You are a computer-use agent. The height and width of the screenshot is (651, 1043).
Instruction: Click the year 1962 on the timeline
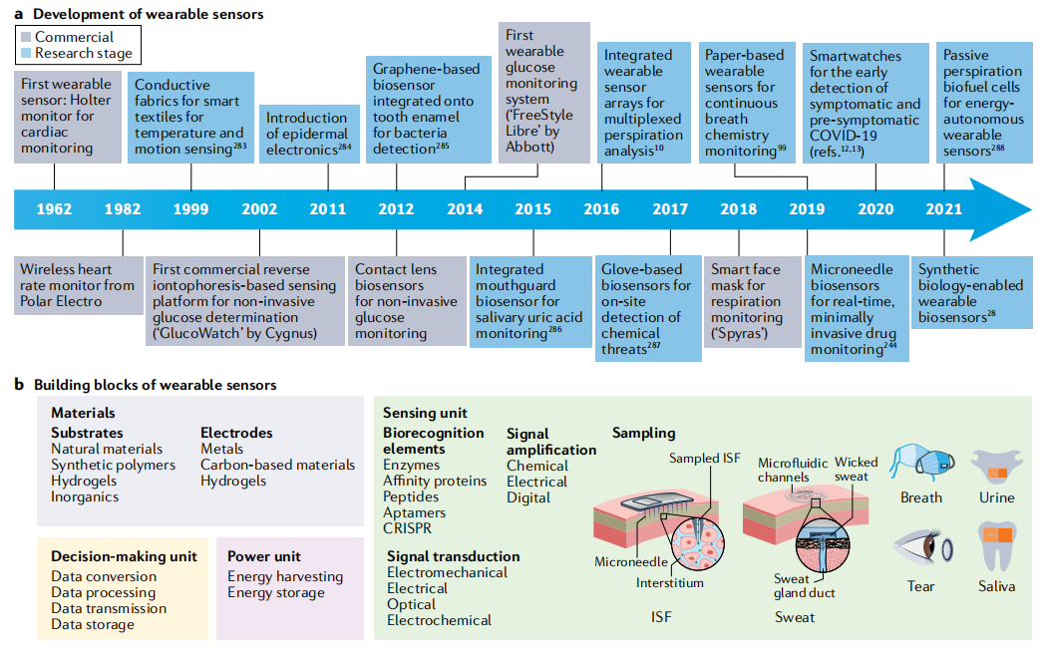(x=54, y=210)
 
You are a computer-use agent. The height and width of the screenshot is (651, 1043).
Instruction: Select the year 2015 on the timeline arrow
(x=532, y=210)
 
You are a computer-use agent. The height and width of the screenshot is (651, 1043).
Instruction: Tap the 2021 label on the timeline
(x=943, y=210)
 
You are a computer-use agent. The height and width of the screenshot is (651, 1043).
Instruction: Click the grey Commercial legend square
(x=26, y=37)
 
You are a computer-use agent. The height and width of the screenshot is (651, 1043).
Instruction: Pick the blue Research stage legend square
(x=26, y=53)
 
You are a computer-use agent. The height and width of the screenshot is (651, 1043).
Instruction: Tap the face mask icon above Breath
(x=919, y=458)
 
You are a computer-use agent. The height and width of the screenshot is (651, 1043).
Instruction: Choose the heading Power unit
(x=263, y=556)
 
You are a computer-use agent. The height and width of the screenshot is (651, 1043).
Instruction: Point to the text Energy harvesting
(x=285, y=576)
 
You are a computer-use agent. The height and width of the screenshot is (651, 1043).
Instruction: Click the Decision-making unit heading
(x=124, y=556)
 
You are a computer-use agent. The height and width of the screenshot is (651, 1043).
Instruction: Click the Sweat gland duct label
(x=804, y=586)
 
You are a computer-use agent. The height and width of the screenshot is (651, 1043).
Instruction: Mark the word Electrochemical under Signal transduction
(x=439, y=620)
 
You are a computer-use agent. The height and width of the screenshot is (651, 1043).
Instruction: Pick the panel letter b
(x=20, y=385)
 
